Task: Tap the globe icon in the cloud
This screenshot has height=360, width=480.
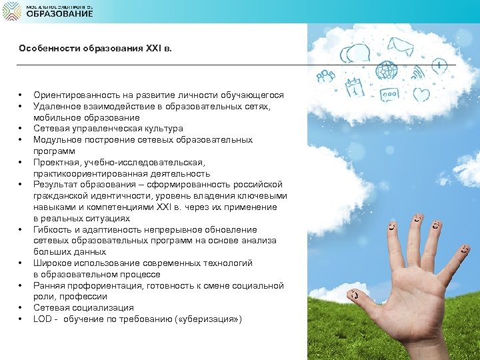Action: (x=385, y=71)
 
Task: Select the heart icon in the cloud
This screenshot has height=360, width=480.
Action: (x=421, y=94)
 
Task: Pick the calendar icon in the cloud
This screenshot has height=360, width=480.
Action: (x=353, y=87)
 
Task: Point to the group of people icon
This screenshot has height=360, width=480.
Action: (x=326, y=76)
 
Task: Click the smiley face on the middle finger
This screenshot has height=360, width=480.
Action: (x=418, y=219)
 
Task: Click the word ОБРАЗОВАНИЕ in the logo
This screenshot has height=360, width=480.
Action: (x=59, y=14)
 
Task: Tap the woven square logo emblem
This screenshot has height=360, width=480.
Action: (x=11, y=11)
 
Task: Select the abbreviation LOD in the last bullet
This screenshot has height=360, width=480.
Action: (x=43, y=319)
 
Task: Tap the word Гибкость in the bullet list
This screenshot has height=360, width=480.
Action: (x=52, y=230)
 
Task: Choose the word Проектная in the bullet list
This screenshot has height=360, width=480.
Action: (x=55, y=162)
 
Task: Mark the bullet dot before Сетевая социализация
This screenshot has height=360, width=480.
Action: (x=21, y=308)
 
